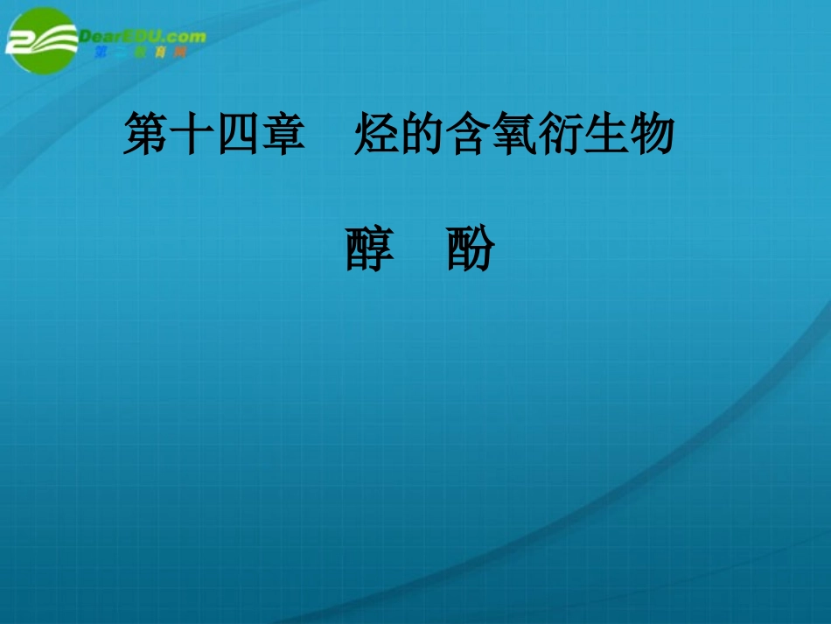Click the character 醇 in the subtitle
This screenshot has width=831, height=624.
tap(370, 249)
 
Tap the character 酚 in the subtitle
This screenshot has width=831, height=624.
tap(471, 249)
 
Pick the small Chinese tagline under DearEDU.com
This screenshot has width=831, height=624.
tap(140, 53)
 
